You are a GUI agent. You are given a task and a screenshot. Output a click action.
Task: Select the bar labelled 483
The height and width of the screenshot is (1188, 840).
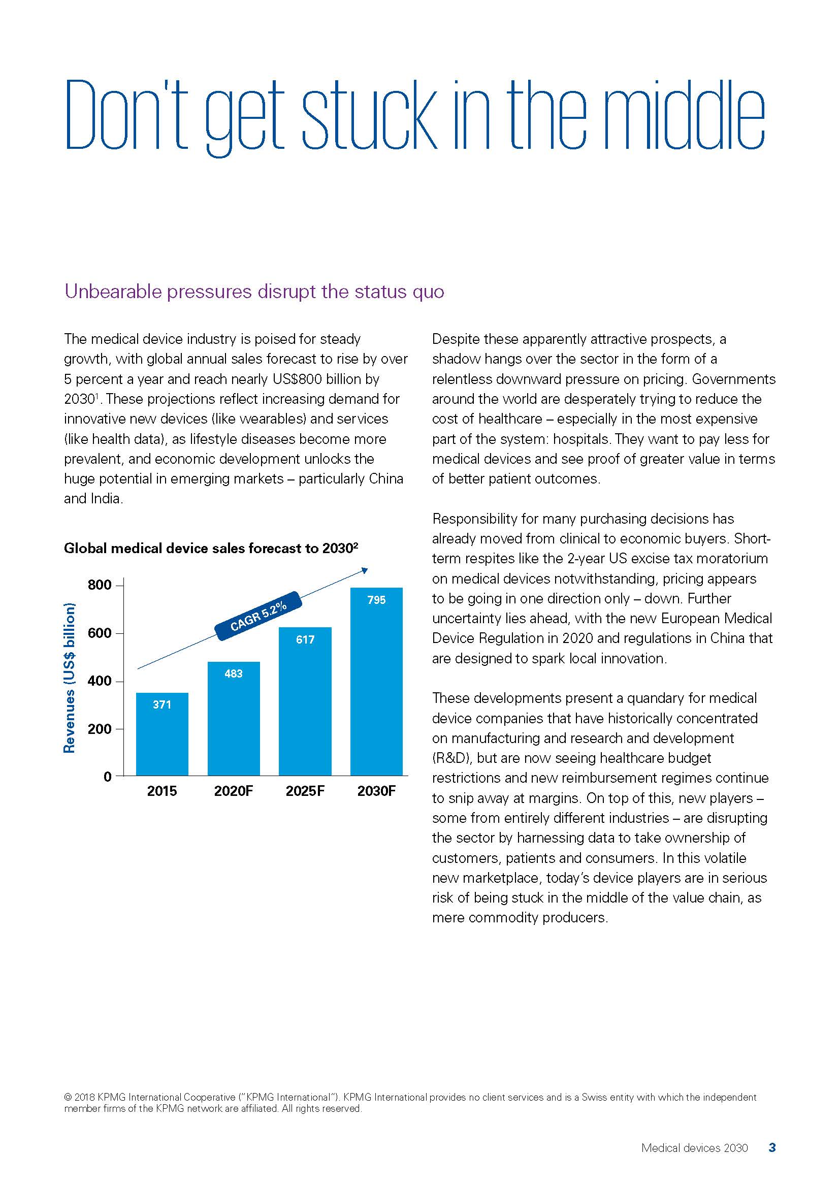[x=233, y=719]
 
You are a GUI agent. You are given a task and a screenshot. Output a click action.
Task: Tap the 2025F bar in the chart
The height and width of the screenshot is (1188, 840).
[x=305, y=703]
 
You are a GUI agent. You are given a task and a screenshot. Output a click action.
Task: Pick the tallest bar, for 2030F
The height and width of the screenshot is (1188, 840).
[x=376, y=683]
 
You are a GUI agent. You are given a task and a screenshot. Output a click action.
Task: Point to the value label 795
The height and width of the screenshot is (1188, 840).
[x=376, y=600]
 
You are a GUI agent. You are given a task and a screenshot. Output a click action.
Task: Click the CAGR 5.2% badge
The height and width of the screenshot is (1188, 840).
[x=258, y=616]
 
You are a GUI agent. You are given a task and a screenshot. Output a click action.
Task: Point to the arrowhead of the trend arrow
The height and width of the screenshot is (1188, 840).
[x=365, y=570]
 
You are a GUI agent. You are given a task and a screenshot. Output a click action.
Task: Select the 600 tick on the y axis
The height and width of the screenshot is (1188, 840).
[x=100, y=633]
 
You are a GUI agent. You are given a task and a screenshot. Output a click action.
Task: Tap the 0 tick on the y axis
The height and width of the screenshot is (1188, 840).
[x=108, y=776]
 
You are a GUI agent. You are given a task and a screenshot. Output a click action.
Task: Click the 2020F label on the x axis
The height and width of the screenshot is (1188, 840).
[x=233, y=791]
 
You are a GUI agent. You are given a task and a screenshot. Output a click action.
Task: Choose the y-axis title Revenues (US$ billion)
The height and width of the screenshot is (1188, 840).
[x=69, y=678]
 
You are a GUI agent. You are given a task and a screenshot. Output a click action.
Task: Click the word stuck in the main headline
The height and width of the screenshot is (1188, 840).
[x=369, y=116]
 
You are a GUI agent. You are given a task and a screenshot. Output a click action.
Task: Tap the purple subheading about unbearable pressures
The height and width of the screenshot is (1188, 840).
[x=254, y=292]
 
